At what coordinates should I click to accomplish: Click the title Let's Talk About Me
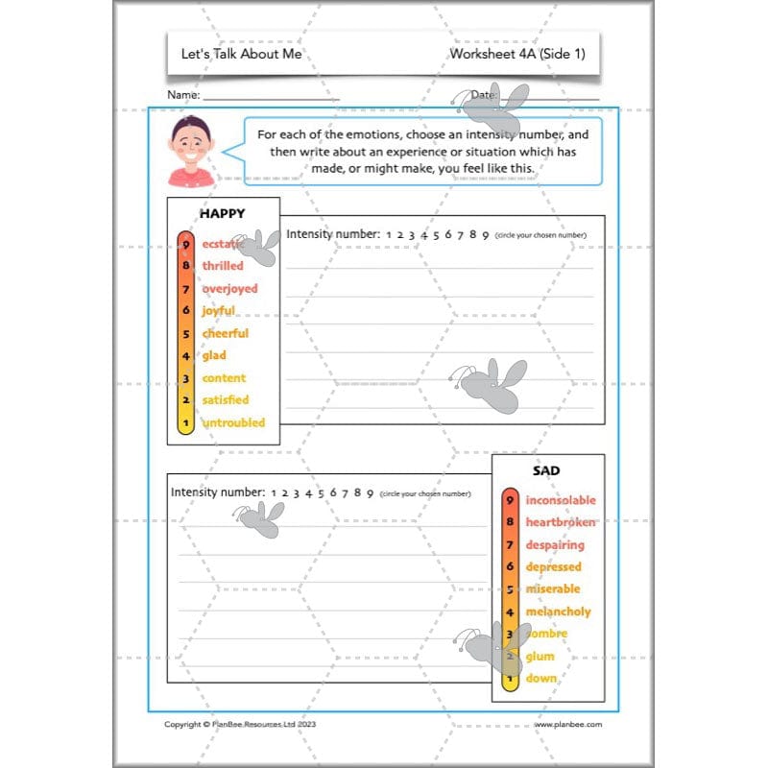point(241,54)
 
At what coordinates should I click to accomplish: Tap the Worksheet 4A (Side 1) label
point(516,54)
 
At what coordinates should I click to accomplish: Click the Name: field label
point(183,96)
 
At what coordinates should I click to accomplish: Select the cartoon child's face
point(191,146)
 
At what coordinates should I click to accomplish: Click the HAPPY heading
point(222,213)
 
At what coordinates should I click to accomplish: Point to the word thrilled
point(223,266)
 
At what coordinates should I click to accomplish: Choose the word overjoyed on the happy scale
point(229,288)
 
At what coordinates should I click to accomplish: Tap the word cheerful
point(225,333)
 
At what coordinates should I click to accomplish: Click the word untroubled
point(233,422)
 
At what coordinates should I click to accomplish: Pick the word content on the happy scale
point(224,378)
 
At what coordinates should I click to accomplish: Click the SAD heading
point(546,471)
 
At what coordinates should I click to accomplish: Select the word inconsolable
point(561,500)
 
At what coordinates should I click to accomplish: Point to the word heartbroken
point(561,522)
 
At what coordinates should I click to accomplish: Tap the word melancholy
point(558,612)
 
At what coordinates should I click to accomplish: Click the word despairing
point(554,545)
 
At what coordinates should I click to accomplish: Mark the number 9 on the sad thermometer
point(511,500)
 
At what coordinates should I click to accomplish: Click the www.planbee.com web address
point(568,725)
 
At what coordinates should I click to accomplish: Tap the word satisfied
point(225,400)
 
